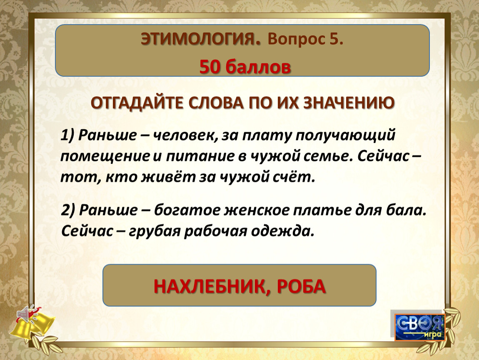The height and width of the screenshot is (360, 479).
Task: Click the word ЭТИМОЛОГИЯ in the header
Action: pos(201,39)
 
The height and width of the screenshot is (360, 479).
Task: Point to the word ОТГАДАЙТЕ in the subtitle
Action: pos(139,103)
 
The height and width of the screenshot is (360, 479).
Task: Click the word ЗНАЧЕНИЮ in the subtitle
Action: pos(349,102)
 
